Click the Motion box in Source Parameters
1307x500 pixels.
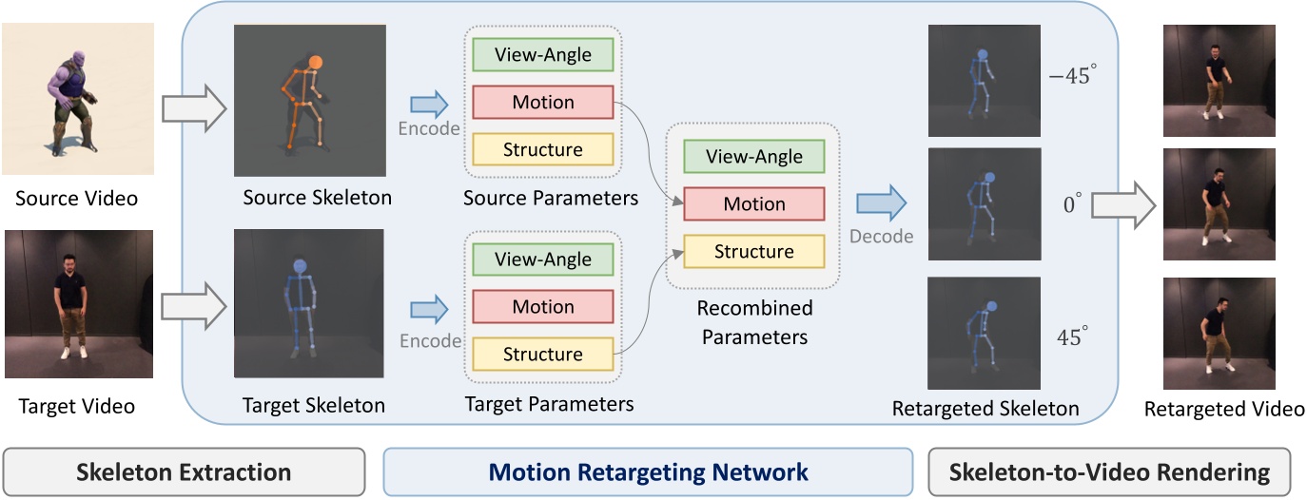coord(542,102)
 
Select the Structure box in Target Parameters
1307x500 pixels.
coord(542,354)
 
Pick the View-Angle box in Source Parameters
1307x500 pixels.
coord(542,55)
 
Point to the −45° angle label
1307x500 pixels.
coord(1069,77)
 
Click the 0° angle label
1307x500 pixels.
coord(1071,204)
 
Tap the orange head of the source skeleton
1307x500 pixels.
coord(315,66)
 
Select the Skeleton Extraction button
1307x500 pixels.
coord(185,471)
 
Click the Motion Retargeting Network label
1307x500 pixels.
coord(648,471)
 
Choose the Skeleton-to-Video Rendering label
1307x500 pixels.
coord(1109,471)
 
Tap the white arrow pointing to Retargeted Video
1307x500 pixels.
coord(1123,204)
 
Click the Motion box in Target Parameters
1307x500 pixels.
coord(542,307)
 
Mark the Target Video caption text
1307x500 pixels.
coord(77,406)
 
